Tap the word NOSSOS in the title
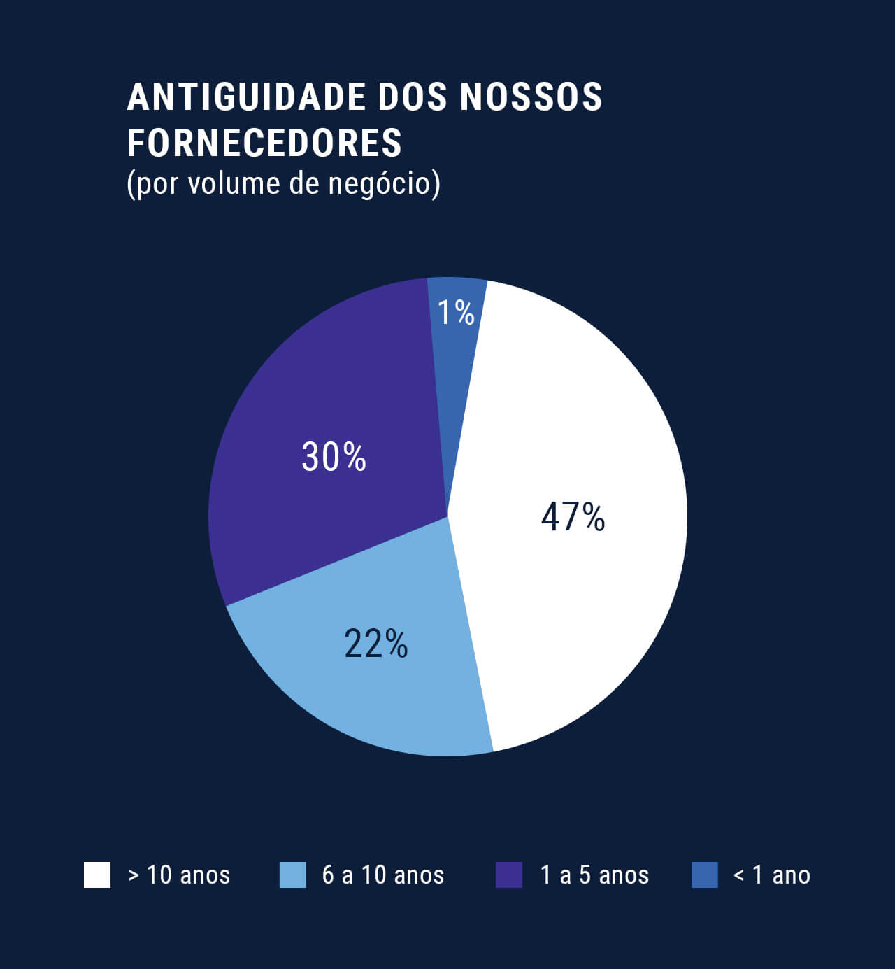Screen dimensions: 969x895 (531, 97)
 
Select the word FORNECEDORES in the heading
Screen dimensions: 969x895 (264, 143)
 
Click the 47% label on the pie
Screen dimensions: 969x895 (573, 517)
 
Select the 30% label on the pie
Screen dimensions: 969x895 (334, 457)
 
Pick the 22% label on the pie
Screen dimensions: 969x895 (375, 644)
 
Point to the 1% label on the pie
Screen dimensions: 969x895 (456, 313)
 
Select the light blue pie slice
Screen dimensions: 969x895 (392, 700)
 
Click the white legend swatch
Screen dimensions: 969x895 (97, 875)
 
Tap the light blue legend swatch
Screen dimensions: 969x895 (292, 875)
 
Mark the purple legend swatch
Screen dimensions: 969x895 (509, 875)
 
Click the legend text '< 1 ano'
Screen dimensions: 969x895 (771, 875)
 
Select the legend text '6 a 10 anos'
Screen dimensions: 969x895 (382, 875)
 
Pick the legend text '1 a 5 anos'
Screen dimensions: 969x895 (594, 875)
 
